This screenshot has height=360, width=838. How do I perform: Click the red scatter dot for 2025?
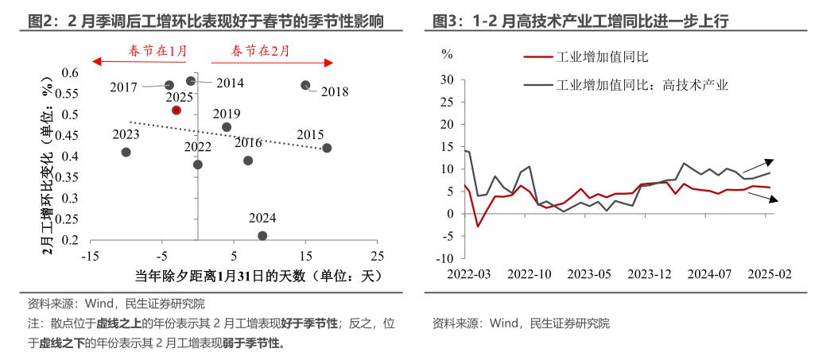coord(177,110)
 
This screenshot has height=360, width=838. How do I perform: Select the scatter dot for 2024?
coord(262,235)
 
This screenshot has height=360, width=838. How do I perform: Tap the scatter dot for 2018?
coord(305,85)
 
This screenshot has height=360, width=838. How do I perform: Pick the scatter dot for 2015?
coord(327,148)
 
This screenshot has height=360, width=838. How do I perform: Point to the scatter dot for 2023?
coord(126,152)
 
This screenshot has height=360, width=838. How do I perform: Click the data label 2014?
coord(229,83)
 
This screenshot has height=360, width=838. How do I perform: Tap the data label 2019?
coord(227,114)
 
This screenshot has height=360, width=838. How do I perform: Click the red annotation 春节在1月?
coord(158,52)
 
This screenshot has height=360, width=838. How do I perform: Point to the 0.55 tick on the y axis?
coord(68,94)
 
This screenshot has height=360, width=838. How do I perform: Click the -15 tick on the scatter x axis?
coord(91,256)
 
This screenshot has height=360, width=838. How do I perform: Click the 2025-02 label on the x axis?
coord(769,273)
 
